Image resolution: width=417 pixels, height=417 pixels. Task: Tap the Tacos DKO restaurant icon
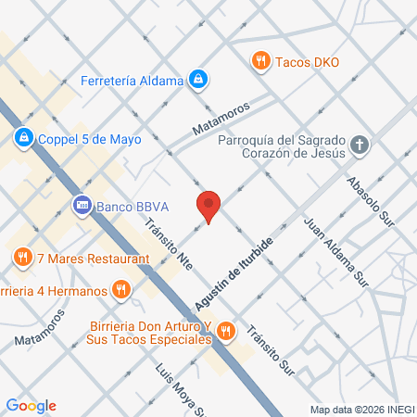tap(261, 62)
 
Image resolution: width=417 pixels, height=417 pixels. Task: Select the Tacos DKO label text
tap(308, 62)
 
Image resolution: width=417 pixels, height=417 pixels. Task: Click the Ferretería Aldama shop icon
tap(196, 82)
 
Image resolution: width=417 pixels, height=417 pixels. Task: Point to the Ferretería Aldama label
tap(133, 82)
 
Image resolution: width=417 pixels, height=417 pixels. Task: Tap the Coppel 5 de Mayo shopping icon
tap(23, 139)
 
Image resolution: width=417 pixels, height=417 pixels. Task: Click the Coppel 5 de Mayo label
tap(89, 139)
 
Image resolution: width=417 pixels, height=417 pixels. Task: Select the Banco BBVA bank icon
tap(82, 204)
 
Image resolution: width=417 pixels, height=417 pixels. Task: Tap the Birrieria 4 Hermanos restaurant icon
tap(120, 290)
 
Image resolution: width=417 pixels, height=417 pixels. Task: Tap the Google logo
tap(31, 405)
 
